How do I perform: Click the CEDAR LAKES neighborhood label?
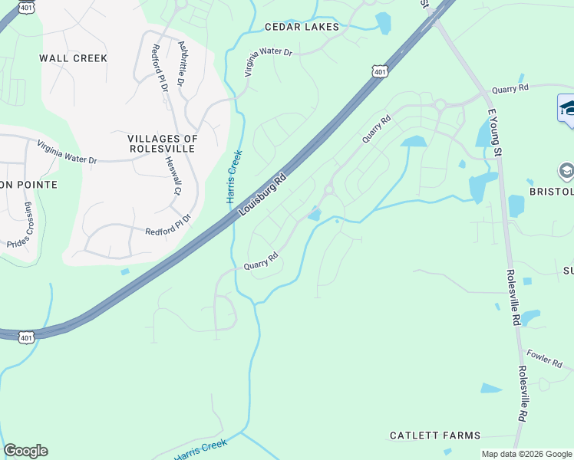pos(302,27)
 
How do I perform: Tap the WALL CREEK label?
pos(74,58)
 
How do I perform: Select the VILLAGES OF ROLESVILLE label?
pos(163,143)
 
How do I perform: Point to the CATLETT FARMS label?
pos(435,435)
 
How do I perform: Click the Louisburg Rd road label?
pos(262,195)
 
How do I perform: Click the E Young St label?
pos(495,132)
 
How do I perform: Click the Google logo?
pos(25,451)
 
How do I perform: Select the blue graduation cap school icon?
pos(568,108)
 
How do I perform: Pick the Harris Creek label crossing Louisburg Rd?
pos(234,177)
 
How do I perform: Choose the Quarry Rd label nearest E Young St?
pos(510,90)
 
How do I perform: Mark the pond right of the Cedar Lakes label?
pos(383,23)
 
